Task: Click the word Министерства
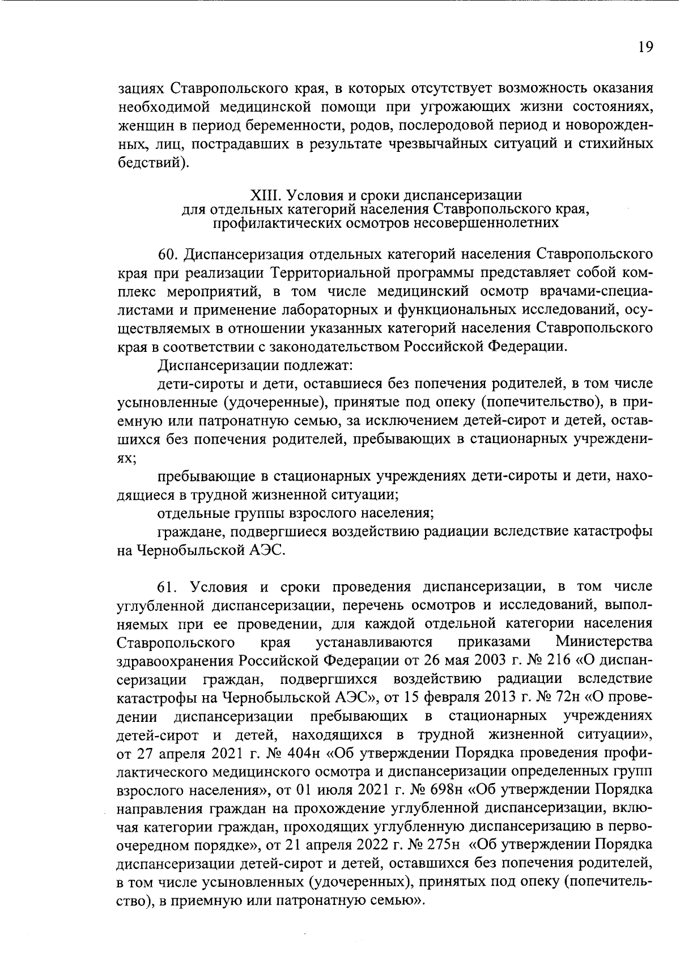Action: [604, 642]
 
